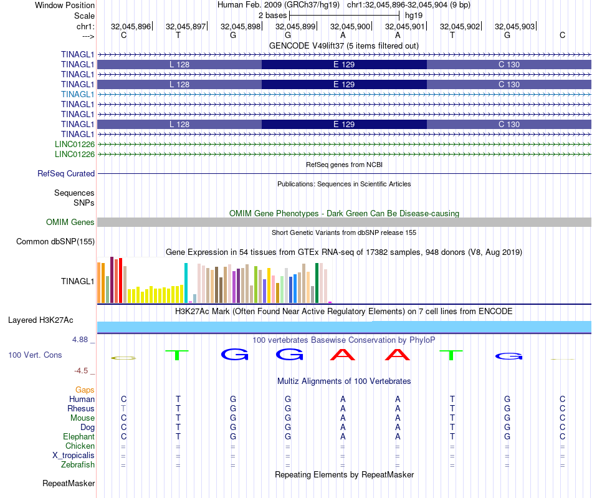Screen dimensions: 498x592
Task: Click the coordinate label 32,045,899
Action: [295, 26]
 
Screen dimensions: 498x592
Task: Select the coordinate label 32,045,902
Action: [460, 26]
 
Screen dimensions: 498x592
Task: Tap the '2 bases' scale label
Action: [272, 15]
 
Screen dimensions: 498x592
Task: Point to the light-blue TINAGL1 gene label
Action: [78, 94]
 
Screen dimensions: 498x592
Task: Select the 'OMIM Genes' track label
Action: [70, 223]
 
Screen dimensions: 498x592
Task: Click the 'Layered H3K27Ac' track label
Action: [41, 320]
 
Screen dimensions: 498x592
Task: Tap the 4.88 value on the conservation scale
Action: [81, 340]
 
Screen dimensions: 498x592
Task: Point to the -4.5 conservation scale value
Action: [81, 371]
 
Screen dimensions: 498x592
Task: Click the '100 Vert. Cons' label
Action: [35, 355]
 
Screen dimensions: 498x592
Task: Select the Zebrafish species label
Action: [78, 464]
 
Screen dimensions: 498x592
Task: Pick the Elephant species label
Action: [79, 437]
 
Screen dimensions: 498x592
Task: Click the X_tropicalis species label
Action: [74, 455]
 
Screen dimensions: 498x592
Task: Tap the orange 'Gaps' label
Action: [85, 390]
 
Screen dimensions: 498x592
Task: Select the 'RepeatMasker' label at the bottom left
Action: [69, 483]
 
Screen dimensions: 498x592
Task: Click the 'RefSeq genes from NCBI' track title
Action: [344, 165]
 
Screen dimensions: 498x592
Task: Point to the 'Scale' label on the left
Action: [84, 16]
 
